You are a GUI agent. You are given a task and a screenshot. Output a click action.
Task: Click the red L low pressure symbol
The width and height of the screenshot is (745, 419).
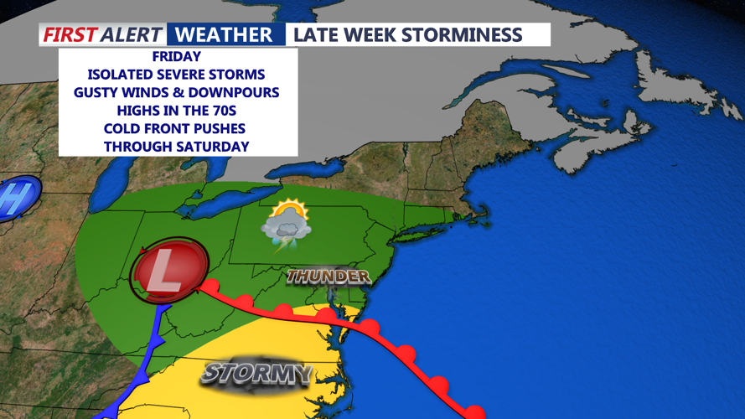[169, 275]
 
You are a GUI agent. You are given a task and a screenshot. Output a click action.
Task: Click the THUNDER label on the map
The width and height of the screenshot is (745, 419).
[328, 277]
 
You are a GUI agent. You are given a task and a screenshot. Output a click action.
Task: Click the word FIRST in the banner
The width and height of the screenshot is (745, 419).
[70, 35]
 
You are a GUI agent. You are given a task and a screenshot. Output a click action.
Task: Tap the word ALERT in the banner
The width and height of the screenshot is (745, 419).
[132, 35]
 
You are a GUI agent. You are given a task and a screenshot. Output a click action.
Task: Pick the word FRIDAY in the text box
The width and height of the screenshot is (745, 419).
[178, 57]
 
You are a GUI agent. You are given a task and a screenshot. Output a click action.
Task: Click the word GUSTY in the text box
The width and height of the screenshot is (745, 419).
[100, 92]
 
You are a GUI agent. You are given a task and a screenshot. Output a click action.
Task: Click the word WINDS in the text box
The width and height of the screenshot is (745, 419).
[157, 92]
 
